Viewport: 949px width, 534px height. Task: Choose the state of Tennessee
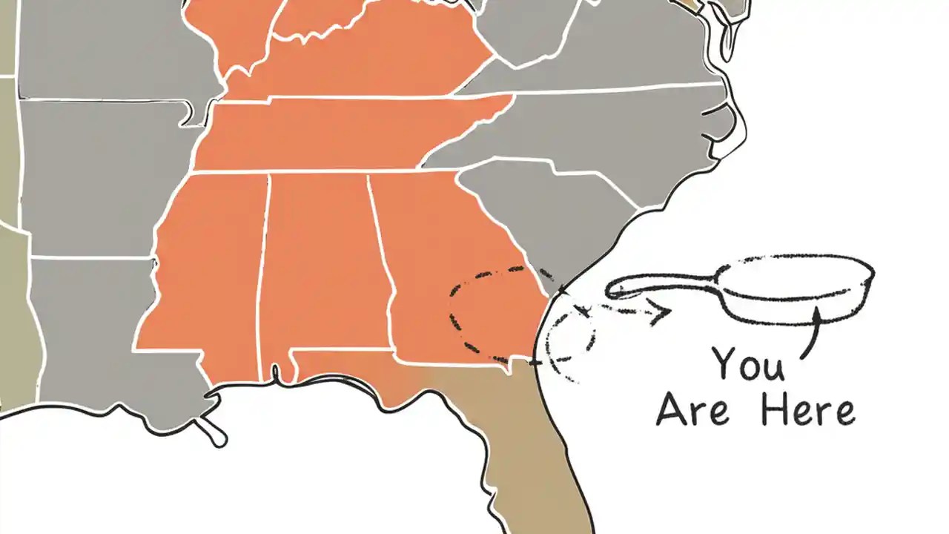[x=334, y=133]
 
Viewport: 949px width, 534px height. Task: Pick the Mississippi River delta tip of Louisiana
[x=217, y=438]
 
